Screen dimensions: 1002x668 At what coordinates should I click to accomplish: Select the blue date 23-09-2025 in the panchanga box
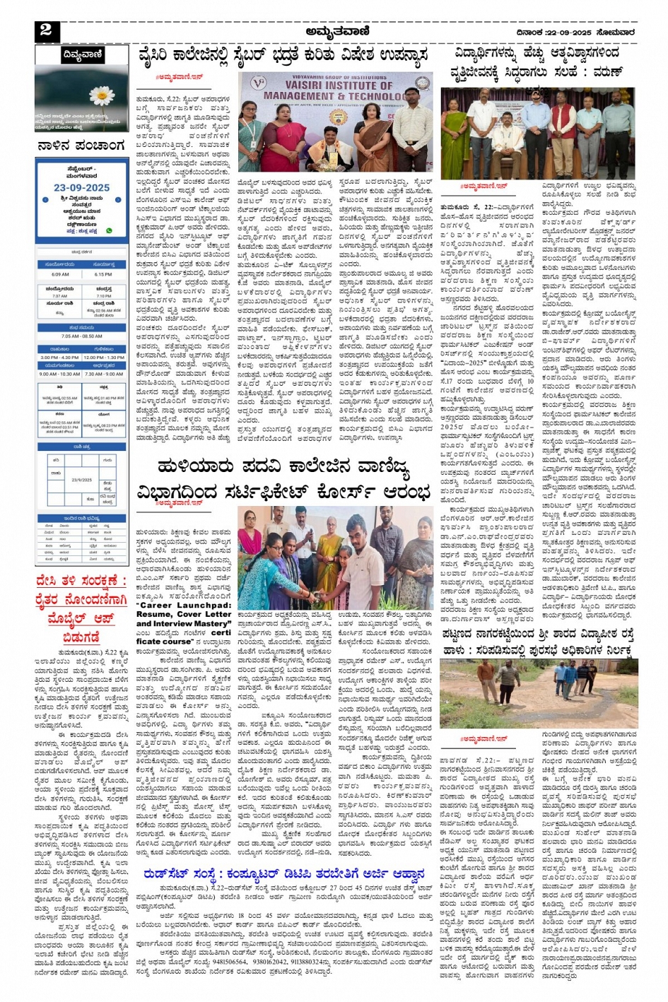(81, 187)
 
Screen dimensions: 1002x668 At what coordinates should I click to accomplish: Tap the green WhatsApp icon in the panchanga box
(109, 230)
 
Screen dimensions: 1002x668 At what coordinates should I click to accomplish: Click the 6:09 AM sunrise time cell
(60, 274)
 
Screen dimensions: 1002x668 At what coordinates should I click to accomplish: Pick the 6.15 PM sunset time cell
(103, 274)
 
